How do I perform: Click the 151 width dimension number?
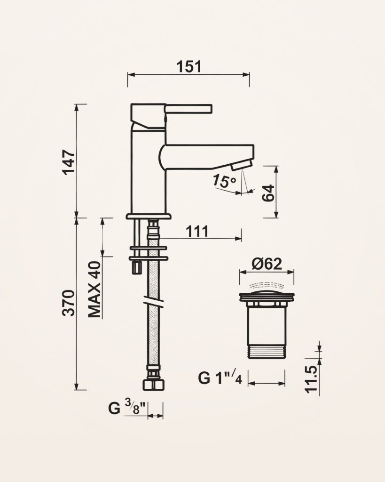(189, 67)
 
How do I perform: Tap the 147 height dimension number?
(69, 162)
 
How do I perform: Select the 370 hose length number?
(69, 303)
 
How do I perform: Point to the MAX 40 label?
(95, 289)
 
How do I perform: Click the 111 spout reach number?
(197, 231)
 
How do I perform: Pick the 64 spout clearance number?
(268, 193)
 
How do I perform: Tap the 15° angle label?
(224, 181)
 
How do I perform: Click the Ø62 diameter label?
(267, 264)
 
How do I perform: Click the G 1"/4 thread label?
(220, 378)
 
